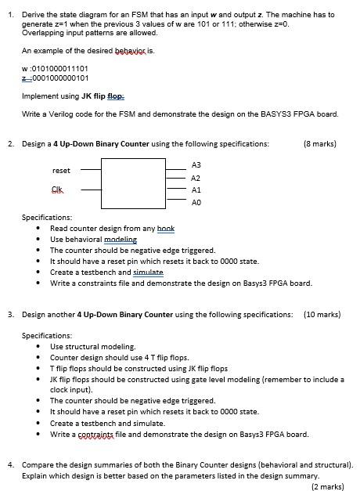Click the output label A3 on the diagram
point(196,165)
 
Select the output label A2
point(196,178)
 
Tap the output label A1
point(196,190)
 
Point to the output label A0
point(196,202)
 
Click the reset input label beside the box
point(61,170)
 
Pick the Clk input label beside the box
point(57,190)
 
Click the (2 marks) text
point(327,486)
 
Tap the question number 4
point(9,464)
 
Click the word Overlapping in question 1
point(41,32)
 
